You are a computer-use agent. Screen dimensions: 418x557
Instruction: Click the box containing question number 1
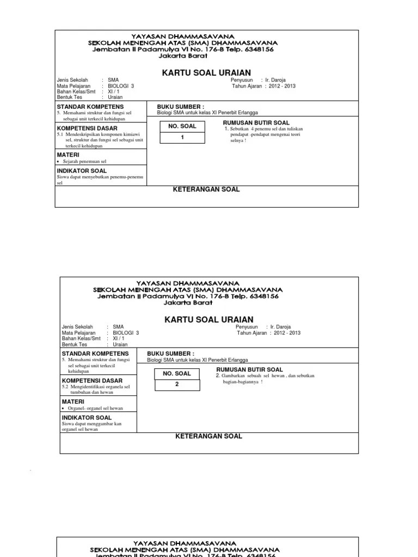click(x=182, y=137)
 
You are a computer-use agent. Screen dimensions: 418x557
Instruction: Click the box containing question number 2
click(x=176, y=384)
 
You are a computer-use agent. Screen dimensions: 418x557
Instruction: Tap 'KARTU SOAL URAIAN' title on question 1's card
click(x=206, y=72)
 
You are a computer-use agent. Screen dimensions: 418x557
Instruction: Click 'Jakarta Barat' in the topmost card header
click(x=180, y=55)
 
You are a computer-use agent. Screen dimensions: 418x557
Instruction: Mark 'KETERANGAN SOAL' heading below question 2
click(x=208, y=436)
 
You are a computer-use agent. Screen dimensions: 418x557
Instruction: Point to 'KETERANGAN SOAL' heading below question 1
click(x=206, y=189)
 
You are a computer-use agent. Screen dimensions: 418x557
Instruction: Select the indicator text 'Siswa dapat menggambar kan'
click(x=91, y=424)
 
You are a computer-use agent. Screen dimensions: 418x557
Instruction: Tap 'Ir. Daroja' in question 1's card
click(x=275, y=80)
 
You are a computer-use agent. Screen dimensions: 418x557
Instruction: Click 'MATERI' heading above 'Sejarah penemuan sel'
click(x=68, y=155)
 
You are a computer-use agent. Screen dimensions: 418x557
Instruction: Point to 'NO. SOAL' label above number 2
click(x=176, y=373)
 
